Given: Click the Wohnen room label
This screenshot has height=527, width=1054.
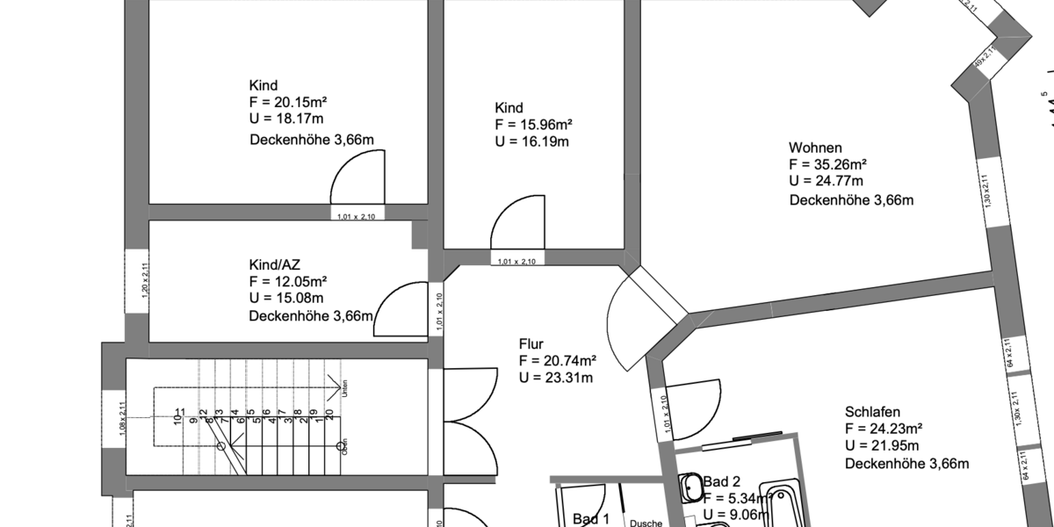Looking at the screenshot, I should point(816,148).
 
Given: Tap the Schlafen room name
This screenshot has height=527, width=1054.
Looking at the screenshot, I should point(873,411).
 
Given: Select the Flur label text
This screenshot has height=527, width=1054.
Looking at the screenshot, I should point(532,343).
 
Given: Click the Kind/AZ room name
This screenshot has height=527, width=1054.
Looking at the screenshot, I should point(276,264).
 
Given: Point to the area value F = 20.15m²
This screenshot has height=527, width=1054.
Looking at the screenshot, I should point(288,102).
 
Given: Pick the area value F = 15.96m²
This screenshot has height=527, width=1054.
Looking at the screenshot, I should point(534,124).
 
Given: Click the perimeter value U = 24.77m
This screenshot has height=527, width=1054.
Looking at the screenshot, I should point(826,182).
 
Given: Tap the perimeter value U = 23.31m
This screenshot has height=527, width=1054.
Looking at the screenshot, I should point(556,378).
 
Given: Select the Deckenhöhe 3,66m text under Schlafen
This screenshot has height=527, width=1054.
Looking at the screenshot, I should point(906,463).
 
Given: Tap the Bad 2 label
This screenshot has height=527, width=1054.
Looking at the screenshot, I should point(722,481).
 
